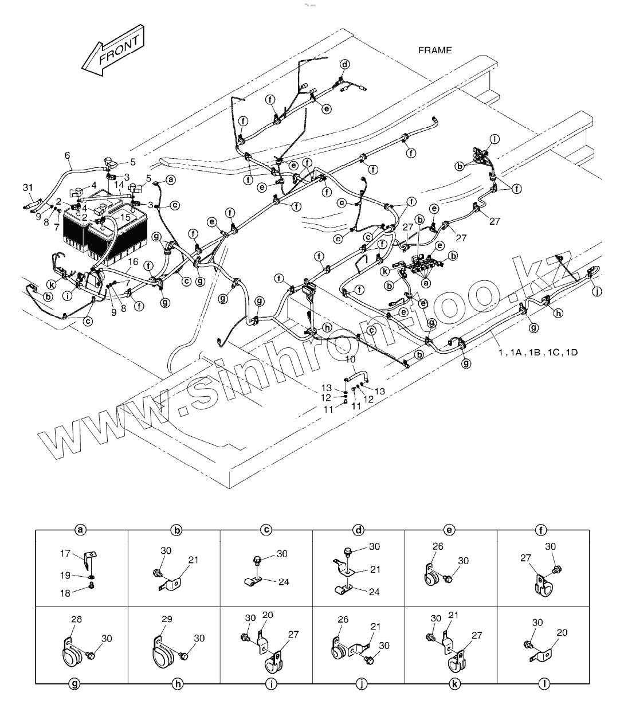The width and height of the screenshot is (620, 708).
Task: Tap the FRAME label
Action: click(434, 50)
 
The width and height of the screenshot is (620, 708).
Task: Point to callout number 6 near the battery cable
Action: click(67, 155)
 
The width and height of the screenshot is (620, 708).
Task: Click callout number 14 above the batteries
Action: click(118, 185)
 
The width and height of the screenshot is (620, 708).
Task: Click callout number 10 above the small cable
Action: click(351, 359)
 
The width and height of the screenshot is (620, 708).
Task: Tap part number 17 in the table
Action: click(65, 554)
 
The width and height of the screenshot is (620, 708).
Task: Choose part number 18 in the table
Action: click(65, 593)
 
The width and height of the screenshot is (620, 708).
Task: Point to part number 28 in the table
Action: click(77, 619)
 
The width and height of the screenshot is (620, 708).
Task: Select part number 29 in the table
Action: click(167, 620)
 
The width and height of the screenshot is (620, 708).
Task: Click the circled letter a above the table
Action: click(81, 530)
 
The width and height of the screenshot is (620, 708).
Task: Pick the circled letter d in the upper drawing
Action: click(345, 64)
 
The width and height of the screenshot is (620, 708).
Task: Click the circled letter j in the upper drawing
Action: click(598, 291)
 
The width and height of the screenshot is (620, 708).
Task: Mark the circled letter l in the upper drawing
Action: click(495, 138)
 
